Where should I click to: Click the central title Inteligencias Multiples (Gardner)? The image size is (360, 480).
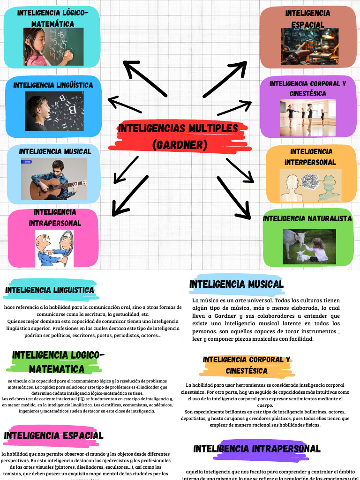click(179, 136)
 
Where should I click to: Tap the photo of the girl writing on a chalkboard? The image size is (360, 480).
click(53, 46)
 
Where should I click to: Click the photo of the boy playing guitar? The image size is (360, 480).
click(54, 179)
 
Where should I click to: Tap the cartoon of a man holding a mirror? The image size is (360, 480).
click(54, 248)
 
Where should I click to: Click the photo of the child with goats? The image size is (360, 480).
click(309, 246)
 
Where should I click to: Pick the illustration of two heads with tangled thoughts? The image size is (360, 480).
click(310, 186)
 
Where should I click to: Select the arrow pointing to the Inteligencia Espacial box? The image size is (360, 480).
click(225, 79)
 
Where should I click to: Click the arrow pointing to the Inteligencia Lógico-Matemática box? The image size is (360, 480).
click(145, 79)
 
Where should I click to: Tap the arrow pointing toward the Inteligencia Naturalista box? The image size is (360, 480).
click(234, 197)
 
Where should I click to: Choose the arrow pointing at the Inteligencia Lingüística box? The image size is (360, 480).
click(124, 105)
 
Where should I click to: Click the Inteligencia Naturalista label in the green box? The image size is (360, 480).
click(307, 218)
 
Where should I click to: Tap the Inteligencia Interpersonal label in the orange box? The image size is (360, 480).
click(310, 157)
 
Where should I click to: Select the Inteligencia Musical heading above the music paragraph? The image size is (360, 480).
click(236, 284)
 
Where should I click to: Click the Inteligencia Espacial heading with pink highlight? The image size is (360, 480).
click(53, 436)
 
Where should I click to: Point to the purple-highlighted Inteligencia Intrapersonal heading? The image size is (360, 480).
click(257, 449)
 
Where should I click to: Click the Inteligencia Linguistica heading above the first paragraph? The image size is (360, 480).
click(50, 290)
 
